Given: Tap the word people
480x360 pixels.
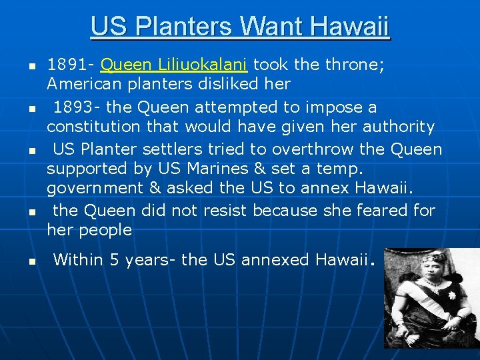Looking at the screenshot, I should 106,230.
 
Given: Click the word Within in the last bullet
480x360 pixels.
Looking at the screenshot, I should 78,260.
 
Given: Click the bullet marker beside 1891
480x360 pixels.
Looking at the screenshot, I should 31,66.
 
